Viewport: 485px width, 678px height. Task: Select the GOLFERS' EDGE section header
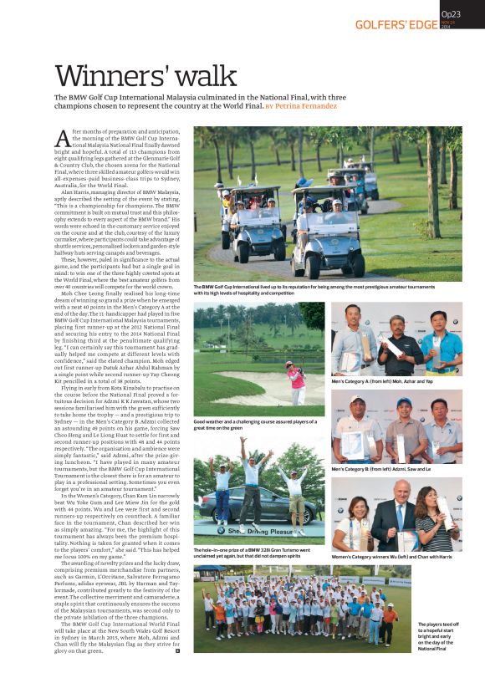coord(396,24)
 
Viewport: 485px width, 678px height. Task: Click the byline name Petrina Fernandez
coord(305,107)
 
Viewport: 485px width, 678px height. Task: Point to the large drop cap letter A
coord(63,140)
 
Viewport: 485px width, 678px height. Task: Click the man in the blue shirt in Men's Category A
coord(440,344)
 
